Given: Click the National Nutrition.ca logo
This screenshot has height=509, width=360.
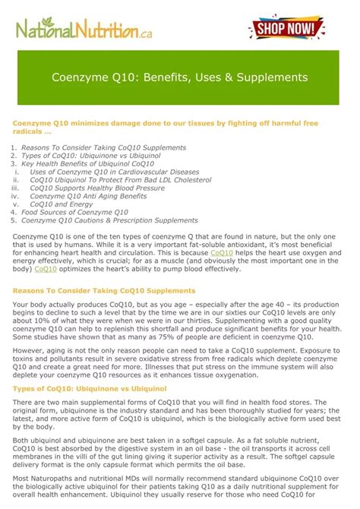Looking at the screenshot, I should click(x=83, y=31).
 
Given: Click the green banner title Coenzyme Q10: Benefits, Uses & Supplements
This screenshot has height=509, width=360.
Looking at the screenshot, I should click(x=179, y=77).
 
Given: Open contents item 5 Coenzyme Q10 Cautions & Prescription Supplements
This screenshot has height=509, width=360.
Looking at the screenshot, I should click(x=109, y=220).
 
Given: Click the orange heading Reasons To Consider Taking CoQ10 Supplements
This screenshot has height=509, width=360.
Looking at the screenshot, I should click(x=104, y=291).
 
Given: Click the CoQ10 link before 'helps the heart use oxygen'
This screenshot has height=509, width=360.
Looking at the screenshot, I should click(x=222, y=252).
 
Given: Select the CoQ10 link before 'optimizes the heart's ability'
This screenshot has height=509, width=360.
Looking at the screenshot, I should click(x=46, y=268).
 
